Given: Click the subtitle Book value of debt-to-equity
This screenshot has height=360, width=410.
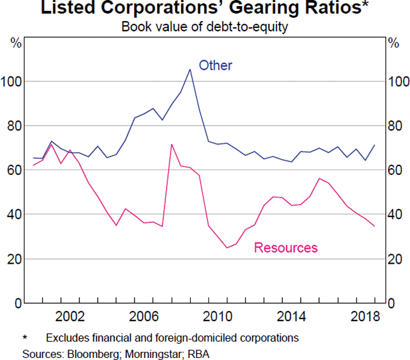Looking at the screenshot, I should click(205, 27).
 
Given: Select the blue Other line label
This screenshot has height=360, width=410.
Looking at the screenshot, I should click(215, 66).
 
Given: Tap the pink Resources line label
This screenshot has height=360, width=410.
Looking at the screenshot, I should click(286, 247).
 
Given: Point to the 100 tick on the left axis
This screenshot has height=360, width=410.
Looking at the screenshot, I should click(13, 81).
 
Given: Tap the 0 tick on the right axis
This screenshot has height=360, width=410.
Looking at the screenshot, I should click(392, 303).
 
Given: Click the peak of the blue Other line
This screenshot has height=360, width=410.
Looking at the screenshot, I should click(189, 69).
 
